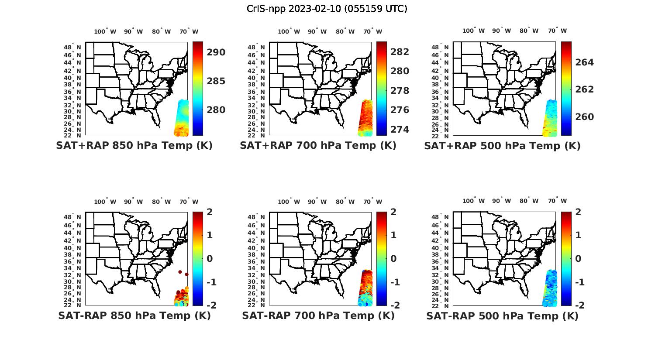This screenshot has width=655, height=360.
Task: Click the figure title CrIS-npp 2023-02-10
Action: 327,8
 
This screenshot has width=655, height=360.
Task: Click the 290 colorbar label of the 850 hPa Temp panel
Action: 216,52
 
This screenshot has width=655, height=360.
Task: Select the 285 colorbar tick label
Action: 216,81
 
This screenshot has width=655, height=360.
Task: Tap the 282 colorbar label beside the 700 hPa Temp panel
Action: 400,51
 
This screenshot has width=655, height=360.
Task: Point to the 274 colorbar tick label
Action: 400,130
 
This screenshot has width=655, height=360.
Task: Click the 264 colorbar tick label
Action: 584,62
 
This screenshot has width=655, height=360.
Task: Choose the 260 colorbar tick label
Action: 584,117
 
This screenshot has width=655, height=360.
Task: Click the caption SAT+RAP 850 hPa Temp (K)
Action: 134,146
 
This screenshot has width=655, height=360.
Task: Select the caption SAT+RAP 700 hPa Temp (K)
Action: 318,146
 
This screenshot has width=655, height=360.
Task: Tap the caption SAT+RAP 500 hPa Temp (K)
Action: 502,146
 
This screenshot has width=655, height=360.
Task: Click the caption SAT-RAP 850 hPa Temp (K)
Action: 134,315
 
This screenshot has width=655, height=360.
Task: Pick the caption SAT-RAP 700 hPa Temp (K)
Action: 318,315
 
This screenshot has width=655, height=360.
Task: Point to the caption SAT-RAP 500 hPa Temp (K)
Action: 502,315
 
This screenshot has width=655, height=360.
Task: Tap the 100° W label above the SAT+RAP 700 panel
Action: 289,31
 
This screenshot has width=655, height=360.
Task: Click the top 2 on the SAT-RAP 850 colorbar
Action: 210,212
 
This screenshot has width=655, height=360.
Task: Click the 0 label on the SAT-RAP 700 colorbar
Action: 394,258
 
